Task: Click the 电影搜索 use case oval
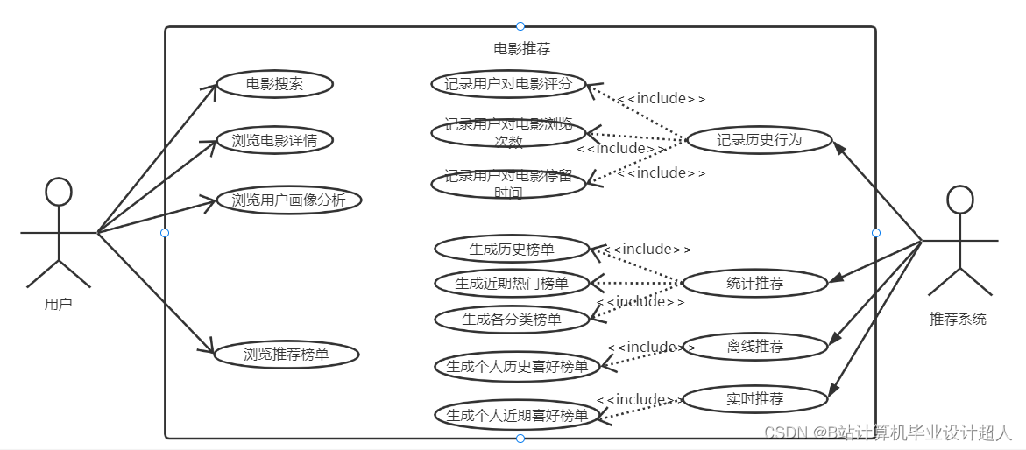[x=274, y=84]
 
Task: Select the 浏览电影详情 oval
[x=274, y=140]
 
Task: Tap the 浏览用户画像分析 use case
[x=288, y=200]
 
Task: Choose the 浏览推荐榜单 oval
[x=288, y=355]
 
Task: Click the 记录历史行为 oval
[x=759, y=140]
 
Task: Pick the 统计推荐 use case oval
[x=754, y=283]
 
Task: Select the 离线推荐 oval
[x=754, y=346]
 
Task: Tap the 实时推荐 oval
[x=754, y=399]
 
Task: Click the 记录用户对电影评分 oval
[x=508, y=84]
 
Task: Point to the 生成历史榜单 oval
[x=512, y=249]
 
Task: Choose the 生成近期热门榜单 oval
[x=512, y=283]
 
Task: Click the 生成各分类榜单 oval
[x=512, y=320]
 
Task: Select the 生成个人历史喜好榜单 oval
[x=517, y=366]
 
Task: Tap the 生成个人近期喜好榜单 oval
[x=517, y=414]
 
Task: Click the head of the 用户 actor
[x=59, y=192]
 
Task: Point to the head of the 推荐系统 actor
[x=960, y=200]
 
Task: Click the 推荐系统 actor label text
[x=958, y=319]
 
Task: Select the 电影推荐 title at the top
[x=522, y=48]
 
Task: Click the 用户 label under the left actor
[x=59, y=305]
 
